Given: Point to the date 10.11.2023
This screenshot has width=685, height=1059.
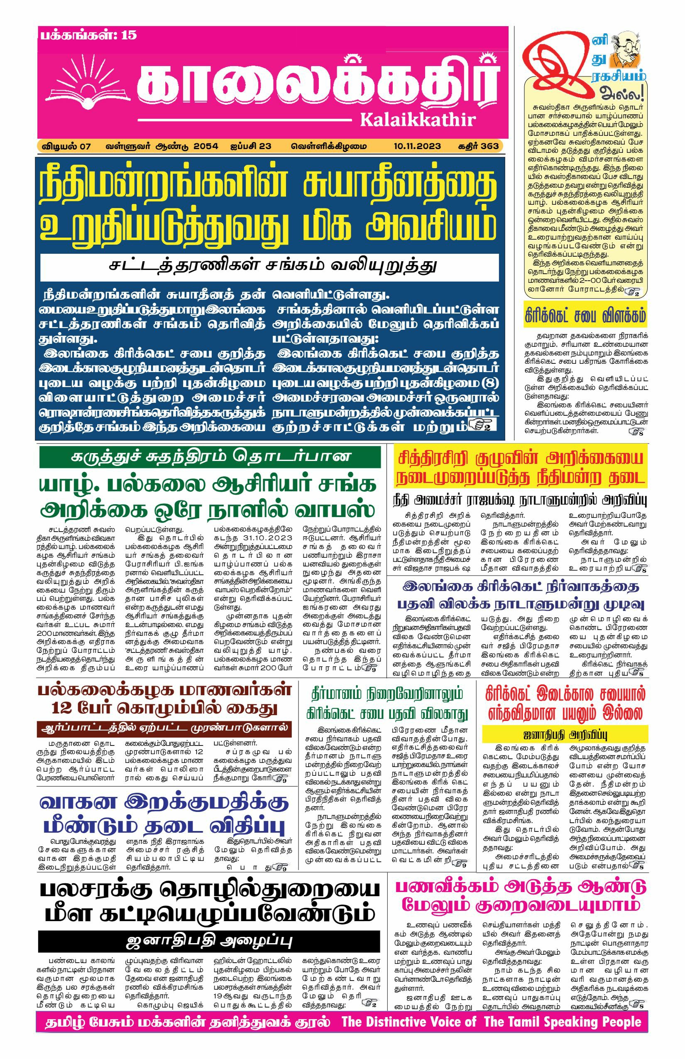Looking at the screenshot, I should pos(417,146).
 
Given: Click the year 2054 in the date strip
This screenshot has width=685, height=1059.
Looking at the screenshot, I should pos(205,146).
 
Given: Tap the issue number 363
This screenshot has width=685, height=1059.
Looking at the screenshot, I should pos(489,146).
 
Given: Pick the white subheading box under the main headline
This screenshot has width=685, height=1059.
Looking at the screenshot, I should pos(269,267).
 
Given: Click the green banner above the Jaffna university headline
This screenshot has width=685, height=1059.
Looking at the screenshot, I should pos(210,456).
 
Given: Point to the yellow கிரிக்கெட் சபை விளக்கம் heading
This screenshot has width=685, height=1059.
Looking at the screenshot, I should pos(585,316).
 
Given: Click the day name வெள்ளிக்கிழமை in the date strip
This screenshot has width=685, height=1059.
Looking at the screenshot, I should pos(329,146).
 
